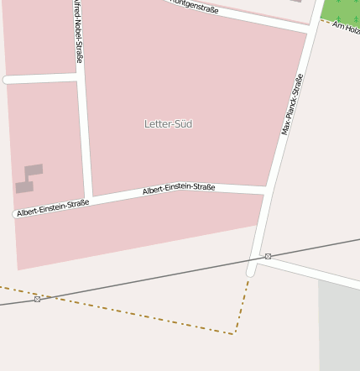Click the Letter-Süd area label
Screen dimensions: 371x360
pyautogui.click(x=168, y=124)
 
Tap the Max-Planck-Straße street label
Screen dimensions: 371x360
pyautogui.click(x=292, y=104)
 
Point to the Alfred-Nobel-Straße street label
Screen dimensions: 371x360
pyautogui.click(x=77, y=34)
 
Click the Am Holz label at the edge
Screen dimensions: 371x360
pyautogui.click(x=346, y=27)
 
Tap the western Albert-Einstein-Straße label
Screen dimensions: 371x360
pyautogui.click(x=53, y=207)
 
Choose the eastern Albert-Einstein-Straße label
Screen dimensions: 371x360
pyautogui.click(x=179, y=190)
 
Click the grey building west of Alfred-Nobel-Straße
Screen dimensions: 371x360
pyautogui.click(x=29, y=178)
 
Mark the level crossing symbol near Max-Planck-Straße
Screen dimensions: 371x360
pyautogui.click(x=268, y=256)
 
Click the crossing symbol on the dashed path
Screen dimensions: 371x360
pyautogui.click(x=37, y=299)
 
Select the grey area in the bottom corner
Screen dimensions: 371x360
pyautogui.click(x=339, y=327)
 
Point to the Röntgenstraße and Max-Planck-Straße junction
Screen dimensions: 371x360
pyautogui.click(x=311, y=31)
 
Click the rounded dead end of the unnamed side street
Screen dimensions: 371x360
pyautogui.click(x=8, y=80)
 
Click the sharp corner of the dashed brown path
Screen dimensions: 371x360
pyautogui.click(x=234, y=333)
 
